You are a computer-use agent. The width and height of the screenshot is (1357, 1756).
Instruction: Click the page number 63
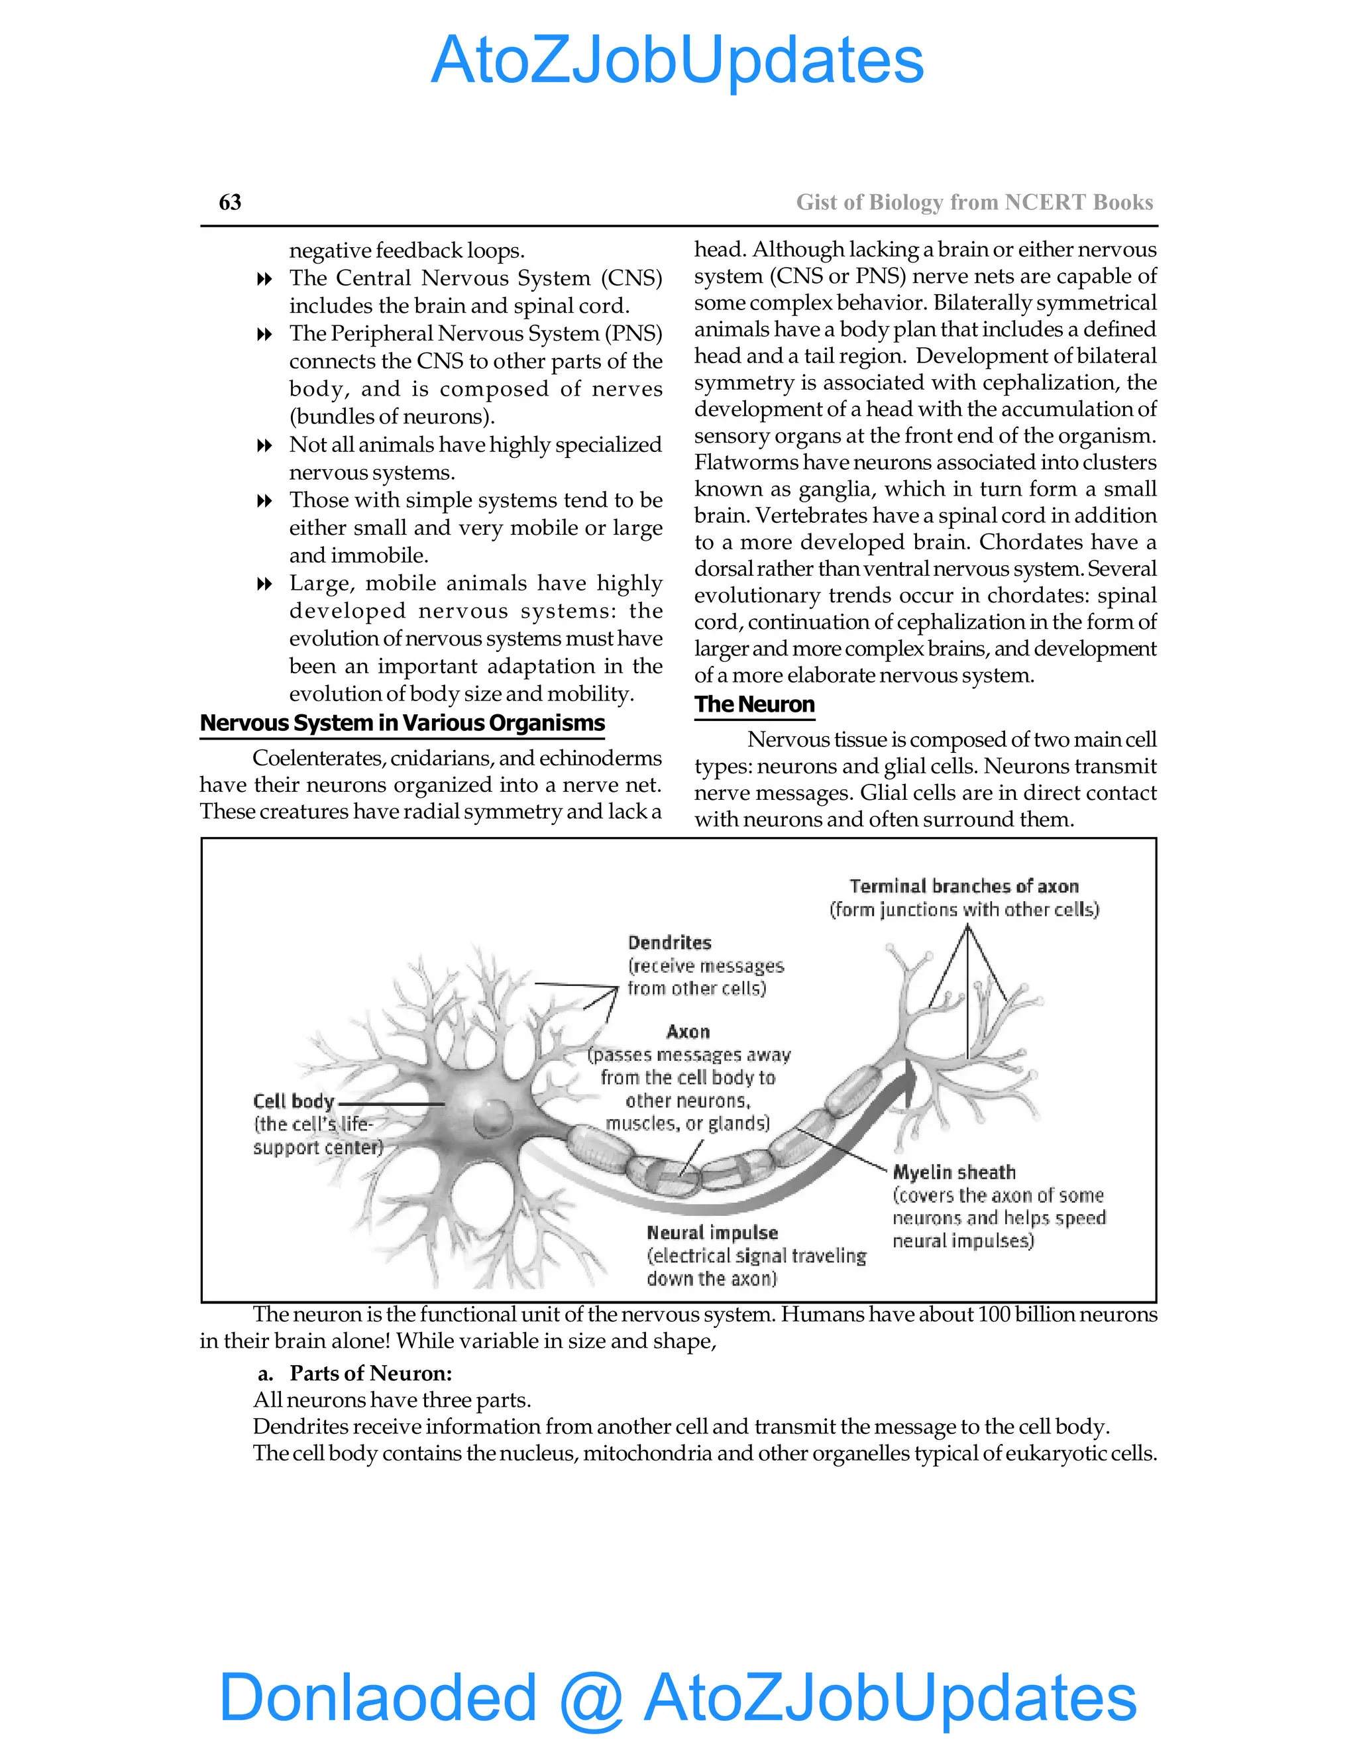pos(230,202)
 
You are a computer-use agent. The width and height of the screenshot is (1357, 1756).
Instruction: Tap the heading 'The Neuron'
pos(754,704)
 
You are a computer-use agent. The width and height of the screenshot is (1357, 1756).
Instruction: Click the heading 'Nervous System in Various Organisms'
pos(402,723)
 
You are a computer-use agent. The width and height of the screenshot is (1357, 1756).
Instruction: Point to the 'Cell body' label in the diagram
pos(294,1101)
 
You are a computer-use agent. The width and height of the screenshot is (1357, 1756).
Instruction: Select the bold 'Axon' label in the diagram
pos(688,1032)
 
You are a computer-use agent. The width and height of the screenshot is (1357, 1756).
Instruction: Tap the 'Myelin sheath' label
pos(954,1172)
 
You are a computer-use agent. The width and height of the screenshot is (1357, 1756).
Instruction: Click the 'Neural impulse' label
pos(712,1233)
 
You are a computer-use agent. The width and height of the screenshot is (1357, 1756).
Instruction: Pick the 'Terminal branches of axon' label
pos(964,886)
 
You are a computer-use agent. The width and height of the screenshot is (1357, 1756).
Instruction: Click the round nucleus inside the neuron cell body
pos(491,1116)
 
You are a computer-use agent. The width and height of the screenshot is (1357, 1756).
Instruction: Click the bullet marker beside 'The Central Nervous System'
pos(264,279)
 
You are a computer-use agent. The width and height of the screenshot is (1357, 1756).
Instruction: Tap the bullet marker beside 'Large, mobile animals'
pos(264,584)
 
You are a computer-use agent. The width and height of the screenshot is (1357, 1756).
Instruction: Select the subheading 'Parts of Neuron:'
pos(370,1372)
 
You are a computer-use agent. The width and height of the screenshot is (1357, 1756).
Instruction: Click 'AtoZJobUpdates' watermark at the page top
pos(677,60)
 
